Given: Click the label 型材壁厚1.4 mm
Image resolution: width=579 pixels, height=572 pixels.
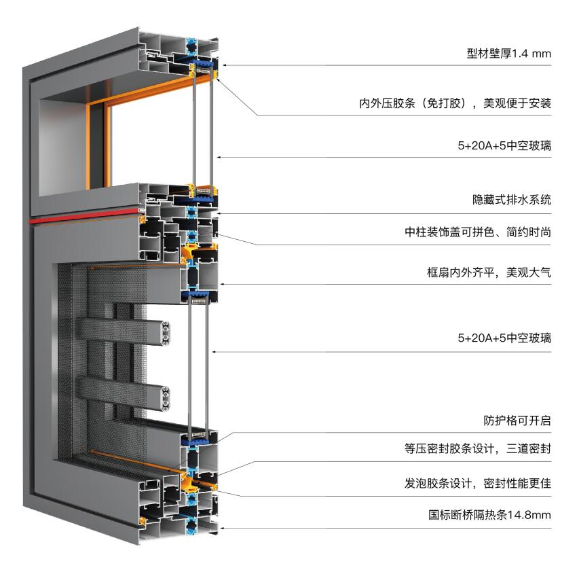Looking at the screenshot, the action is (509, 54).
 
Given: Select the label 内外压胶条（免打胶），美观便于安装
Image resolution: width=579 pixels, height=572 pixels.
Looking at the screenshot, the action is (455, 103).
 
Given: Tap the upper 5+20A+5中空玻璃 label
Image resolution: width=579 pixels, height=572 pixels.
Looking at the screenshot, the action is (504, 145).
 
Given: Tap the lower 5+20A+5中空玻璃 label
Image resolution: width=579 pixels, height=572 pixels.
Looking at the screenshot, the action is (504, 338).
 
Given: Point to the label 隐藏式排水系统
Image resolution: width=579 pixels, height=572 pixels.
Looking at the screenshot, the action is (512, 200).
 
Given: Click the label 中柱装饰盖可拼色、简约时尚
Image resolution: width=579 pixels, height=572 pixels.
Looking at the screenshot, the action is (478, 232).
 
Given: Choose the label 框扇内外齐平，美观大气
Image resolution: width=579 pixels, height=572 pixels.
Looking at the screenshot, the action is (489, 272).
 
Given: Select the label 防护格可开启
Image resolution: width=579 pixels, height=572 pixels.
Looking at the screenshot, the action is (517, 421).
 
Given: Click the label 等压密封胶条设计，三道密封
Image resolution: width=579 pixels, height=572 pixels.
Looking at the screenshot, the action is (478, 448).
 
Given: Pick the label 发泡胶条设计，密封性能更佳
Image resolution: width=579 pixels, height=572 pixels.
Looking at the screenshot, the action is (478, 483).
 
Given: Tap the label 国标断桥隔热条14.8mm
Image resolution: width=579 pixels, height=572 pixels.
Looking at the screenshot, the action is (489, 515).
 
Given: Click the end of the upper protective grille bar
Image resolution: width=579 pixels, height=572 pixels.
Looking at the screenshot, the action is (165, 334).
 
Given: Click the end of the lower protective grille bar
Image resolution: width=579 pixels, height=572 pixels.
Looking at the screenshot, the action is (165, 399).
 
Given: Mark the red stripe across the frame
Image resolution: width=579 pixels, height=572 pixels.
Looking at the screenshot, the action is (84, 216).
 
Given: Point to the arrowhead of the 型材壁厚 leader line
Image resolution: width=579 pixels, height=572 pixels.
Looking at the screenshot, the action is (223, 65).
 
